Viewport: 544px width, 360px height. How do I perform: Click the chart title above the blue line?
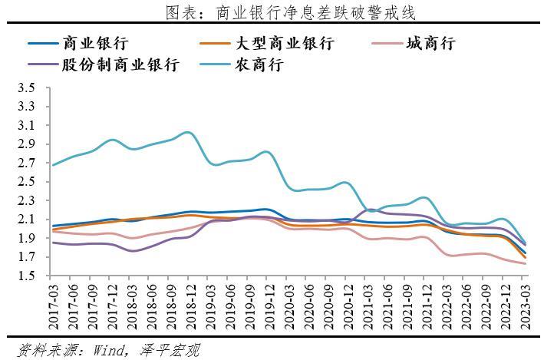coord(272,12)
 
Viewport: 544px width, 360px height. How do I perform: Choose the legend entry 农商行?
coord(259,64)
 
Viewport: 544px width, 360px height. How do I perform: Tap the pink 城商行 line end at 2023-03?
coord(525,263)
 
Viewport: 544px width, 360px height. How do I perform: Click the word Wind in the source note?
coord(111,350)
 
